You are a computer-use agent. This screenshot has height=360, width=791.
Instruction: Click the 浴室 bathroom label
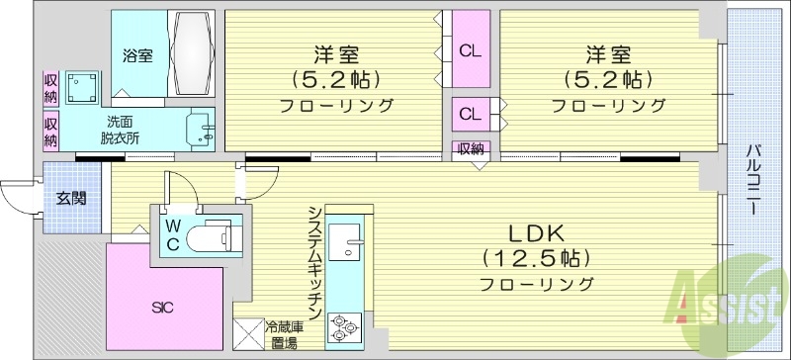137,55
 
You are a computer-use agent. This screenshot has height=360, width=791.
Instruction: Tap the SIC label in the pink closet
163,308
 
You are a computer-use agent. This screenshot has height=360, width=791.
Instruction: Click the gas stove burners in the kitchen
347,323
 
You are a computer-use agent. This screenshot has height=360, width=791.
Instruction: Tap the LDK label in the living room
536,234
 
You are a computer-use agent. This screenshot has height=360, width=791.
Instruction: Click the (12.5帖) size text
536,259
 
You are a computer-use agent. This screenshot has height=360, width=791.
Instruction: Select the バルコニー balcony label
752,183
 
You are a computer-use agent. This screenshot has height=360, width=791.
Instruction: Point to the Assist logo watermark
726,297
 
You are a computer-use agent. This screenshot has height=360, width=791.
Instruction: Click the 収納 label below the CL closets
471,149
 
